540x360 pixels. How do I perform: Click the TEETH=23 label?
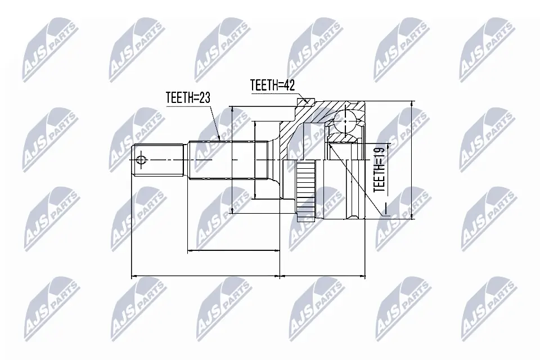point(188,97)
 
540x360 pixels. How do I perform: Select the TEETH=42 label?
point(273,85)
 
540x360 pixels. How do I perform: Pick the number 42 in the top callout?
point(289,85)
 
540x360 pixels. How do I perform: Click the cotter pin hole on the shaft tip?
point(141,160)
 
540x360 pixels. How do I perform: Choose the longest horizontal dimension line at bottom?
point(205,276)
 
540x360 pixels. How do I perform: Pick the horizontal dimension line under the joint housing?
point(323,276)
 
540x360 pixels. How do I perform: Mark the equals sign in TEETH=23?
point(195,97)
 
